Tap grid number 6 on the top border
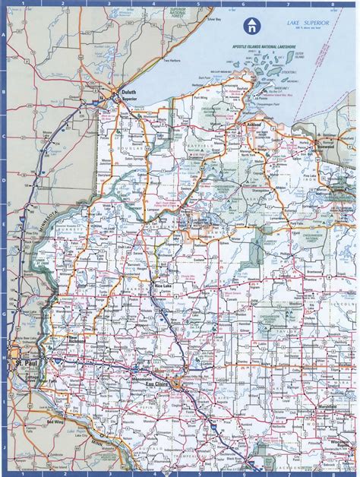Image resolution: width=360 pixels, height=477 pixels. point(243,4)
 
